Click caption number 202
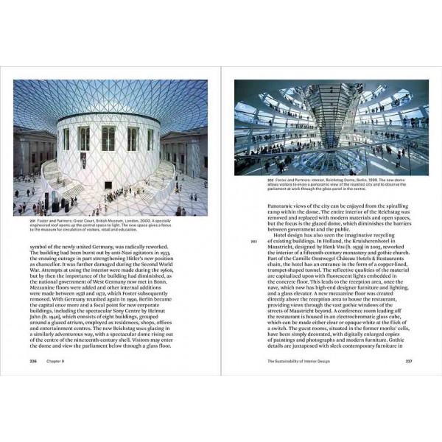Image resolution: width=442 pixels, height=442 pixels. (238, 178)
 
